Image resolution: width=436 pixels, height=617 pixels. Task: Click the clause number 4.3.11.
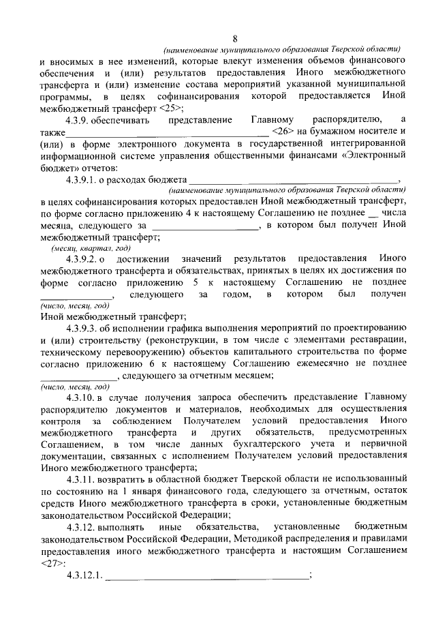[x=83, y=480]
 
